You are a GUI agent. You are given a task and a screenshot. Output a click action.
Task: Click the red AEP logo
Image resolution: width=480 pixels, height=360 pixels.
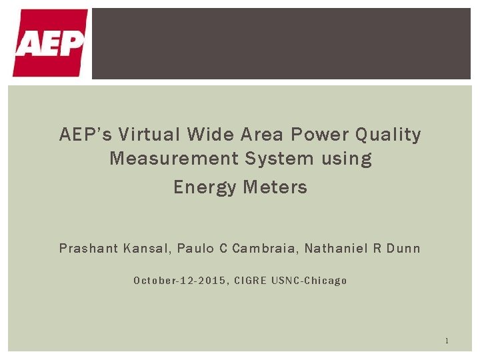pyautogui.click(x=50, y=43)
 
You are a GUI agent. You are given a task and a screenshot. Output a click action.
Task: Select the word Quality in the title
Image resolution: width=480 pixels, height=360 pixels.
pyautogui.click(x=389, y=135)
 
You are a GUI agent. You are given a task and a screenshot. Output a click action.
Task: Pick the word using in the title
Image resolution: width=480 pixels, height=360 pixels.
pyautogui.click(x=346, y=159)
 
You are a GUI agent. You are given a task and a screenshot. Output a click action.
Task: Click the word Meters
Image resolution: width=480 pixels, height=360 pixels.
pyautogui.click(x=275, y=188)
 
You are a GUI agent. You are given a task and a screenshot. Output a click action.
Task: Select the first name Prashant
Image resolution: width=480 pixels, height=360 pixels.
pyautogui.click(x=88, y=249)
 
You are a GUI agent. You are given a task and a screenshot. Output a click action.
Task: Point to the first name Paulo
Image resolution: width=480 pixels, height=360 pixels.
pyautogui.click(x=195, y=249)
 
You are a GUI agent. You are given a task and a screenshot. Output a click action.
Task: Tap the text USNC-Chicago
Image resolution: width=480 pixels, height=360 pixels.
pyautogui.click(x=311, y=281)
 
